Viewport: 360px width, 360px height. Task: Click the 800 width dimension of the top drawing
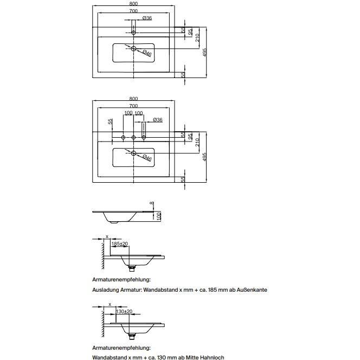click(x=133, y=3)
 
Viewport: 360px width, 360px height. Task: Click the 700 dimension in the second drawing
click(x=133, y=106)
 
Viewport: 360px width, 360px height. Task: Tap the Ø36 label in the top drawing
click(x=147, y=18)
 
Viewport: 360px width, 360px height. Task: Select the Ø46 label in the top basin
click(x=147, y=53)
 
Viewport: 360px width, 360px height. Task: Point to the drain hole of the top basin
click(x=133, y=48)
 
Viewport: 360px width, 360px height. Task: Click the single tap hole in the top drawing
click(x=133, y=33)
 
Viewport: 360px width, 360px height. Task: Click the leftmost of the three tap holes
click(x=123, y=137)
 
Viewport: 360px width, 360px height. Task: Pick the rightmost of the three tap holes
click(x=144, y=137)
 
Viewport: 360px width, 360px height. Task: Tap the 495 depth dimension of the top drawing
click(x=205, y=52)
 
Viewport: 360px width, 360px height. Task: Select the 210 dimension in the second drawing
click(x=197, y=143)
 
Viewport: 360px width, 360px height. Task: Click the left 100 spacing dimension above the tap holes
click(x=128, y=113)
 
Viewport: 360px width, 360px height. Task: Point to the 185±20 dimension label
click(x=120, y=243)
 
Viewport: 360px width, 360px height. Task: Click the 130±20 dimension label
click(x=124, y=311)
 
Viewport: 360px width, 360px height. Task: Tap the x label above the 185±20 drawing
click(x=107, y=236)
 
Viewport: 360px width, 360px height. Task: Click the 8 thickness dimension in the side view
click(x=151, y=203)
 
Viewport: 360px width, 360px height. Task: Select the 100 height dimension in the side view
click(x=159, y=216)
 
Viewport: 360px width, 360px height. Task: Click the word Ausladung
click(x=106, y=290)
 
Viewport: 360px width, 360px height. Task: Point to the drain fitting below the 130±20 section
click(x=132, y=336)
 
